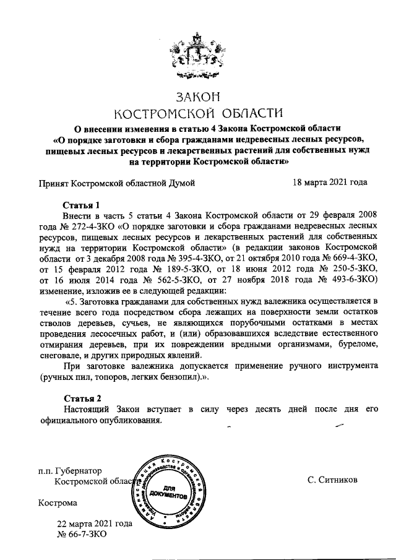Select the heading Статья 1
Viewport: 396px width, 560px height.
point(81,205)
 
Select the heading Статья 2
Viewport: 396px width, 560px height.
point(81,398)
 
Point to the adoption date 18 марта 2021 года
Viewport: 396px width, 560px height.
point(329,183)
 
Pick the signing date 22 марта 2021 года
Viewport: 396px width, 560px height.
point(95,523)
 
